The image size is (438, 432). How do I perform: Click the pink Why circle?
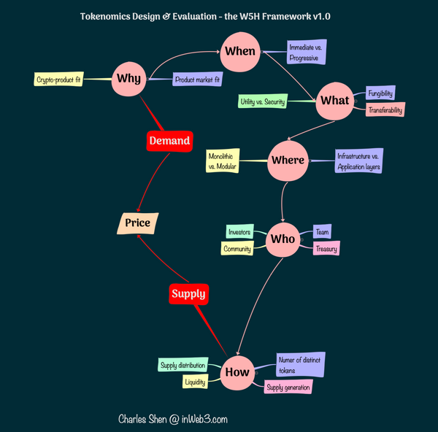pyautogui.click(x=129, y=77)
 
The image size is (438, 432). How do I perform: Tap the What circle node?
pyautogui.click(x=335, y=101)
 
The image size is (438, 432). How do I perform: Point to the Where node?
pyautogui.click(x=288, y=161)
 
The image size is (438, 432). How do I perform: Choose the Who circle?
pyautogui.click(x=283, y=239)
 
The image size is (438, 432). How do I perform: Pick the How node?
pyautogui.click(x=237, y=371)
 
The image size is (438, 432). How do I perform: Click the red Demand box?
pyautogui.click(x=169, y=140)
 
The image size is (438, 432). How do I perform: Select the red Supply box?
pyautogui.click(x=188, y=294)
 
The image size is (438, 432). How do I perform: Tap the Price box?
pyautogui.click(x=138, y=223)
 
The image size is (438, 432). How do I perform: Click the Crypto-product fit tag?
pyautogui.click(x=58, y=79)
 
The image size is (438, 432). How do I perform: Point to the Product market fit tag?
pyautogui.click(x=197, y=79)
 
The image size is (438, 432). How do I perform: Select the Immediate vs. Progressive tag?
pyautogui.click(x=307, y=52)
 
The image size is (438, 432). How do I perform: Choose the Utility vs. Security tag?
pyautogui.click(x=262, y=101)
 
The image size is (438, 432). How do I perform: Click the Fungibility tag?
pyautogui.click(x=380, y=93)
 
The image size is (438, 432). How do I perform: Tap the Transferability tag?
pyautogui.click(x=385, y=109)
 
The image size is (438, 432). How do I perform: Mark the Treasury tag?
pyautogui.click(x=326, y=249)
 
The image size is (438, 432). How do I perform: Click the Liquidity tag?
pyautogui.click(x=195, y=381)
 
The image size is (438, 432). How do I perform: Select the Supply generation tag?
pyautogui.click(x=288, y=387)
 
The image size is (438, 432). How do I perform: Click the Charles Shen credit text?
pyautogui.click(x=173, y=419)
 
